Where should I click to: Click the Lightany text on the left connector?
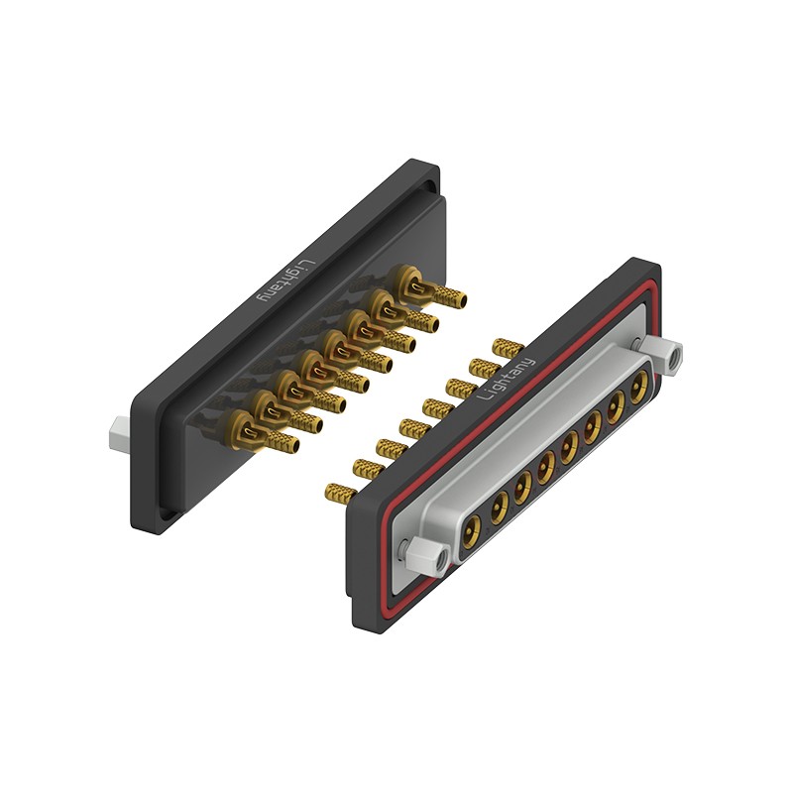tap(287, 282)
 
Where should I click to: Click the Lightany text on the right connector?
tap(506, 379)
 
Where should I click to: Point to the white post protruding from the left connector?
tap(120, 432)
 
